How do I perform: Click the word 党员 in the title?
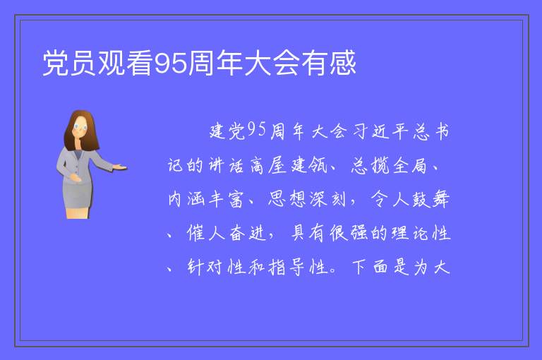coord(69,63)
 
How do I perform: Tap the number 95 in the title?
coord(170,64)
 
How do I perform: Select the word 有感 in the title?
coord(328,63)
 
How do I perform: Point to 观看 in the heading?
coord(125,63)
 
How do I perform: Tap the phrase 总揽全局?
coord(390,165)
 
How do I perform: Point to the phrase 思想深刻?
coord(307,199)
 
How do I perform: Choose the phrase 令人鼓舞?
coord(410,199)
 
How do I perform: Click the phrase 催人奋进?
coord(227,233)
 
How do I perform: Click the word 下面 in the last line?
coord(370,267)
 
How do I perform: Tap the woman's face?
coord(80,127)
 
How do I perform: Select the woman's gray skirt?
coord(78,194)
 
